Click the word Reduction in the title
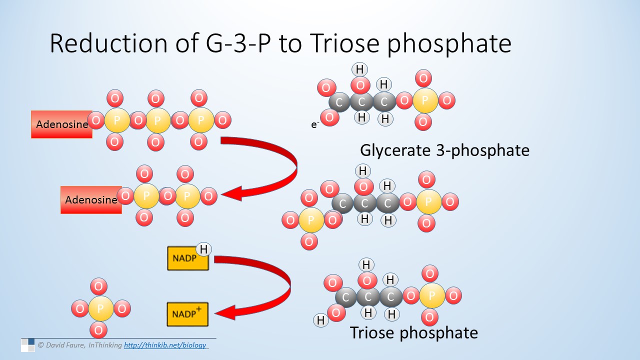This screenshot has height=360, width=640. pos(108,43)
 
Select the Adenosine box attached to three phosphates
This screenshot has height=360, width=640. pos(61,124)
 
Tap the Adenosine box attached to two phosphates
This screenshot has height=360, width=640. pos(91,199)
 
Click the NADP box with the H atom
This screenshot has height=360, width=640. pos(187,258)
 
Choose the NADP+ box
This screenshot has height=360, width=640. pos(187,314)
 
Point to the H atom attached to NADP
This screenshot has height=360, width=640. pos(203,249)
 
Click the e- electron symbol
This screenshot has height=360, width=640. pos(315,124)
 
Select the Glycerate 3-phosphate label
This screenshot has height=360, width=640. pos(444,150)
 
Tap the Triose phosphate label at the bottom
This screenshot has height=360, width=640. pos(414,333)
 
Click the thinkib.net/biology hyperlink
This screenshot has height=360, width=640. pos(165,345)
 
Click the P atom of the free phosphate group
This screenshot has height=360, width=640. pos(100,308)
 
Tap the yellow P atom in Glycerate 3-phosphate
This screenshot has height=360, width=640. pos(425,100)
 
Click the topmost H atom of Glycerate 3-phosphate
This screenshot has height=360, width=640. pos(359,69)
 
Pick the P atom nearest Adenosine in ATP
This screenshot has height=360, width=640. pos(117,120)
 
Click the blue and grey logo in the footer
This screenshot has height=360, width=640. pos(27,345)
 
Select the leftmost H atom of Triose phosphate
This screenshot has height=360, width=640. pos(321,320)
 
